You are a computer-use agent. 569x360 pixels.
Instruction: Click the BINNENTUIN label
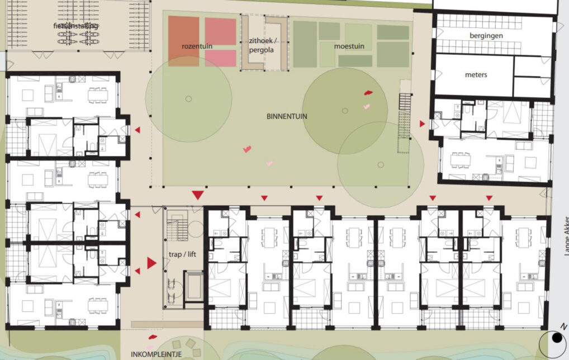[x=287, y=116]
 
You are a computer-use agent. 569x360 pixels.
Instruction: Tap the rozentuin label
[x=197, y=46]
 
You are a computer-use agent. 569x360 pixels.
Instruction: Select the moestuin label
[x=349, y=46]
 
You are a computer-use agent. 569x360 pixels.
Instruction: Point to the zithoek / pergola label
[x=262, y=45]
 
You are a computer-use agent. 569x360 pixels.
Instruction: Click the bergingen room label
[x=486, y=36]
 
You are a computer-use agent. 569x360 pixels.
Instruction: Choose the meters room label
[x=476, y=75]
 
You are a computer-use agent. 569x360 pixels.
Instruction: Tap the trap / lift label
[x=182, y=254]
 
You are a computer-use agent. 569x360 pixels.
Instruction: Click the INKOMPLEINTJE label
[x=157, y=354]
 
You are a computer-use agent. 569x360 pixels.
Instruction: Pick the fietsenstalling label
[x=76, y=26]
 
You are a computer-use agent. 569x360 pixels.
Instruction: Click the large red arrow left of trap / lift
[x=151, y=263]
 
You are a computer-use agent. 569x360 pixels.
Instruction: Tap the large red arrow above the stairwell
[x=197, y=195]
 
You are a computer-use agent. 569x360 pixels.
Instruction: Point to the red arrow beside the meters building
[x=422, y=124]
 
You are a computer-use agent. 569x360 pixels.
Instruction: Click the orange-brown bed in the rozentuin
[x=184, y=41]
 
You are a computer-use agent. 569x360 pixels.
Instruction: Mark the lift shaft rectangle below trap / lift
[x=194, y=287]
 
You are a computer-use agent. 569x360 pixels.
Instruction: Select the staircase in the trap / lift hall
[x=178, y=224]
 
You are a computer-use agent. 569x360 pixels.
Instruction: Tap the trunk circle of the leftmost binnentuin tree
[x=188, y=99]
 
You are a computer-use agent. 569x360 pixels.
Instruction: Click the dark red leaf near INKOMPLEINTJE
[x=153, y=337]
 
